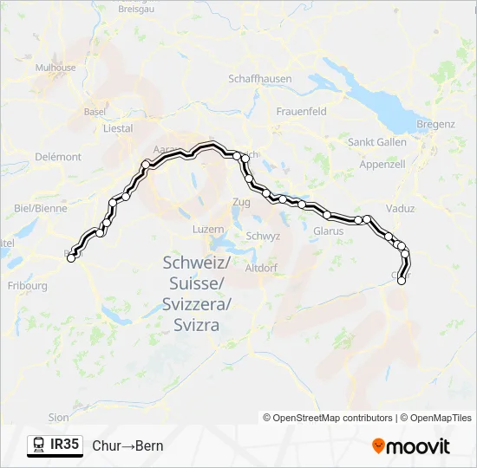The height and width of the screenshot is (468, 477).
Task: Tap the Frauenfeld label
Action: pyautogui.click(x=301, y=112)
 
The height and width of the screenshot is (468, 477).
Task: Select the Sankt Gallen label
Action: pyautogui.click(x=377, y=142)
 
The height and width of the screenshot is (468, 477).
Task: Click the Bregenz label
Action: pyautogui.click(x=435, y=124)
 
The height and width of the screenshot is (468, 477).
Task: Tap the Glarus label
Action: pyautogui.click(x=329, y=231)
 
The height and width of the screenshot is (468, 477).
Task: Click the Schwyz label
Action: pyautogui.click(x=263, y=236)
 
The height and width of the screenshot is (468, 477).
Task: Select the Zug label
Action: pyautogui.click(x=241, y=202)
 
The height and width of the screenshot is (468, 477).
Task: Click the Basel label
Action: pyautogui.click(x=95, y=112)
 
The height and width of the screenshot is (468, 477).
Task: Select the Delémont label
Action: pyautogui.click(x=59, y=157)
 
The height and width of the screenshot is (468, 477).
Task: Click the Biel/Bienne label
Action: pyautogui.click(x=41, y=208)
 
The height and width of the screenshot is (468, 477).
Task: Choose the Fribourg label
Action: pyautogui.click(x=27, y=285)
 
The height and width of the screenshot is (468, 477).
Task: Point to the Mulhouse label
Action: pyautogui.click(x=56, y=67)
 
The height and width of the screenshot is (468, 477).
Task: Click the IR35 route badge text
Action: pyautogui.click(x=65, y=445)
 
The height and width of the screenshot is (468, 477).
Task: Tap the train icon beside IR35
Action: pyautogui.click(x=39, y=445)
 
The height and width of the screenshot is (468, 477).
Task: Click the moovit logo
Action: pyautogui.click(x=411, y=446)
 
